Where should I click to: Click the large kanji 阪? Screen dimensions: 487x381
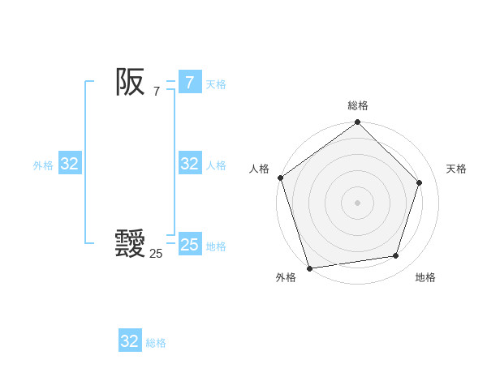point(130,82)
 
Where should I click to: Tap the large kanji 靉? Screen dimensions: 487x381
point(130,244)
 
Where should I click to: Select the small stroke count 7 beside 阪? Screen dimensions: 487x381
point(156,92)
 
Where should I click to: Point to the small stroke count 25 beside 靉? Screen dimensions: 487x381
point(156,254)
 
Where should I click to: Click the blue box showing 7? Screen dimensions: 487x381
point(189,83)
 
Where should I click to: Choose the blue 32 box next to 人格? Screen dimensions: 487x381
point(189,164)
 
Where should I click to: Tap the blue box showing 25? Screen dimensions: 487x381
point(189,245)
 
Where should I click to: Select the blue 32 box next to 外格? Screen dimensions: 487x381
point(69,164)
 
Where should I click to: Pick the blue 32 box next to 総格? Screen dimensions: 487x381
point(129,341)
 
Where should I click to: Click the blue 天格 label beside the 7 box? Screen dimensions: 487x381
point(216,84)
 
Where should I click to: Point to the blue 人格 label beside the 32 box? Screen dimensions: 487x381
point(216,165)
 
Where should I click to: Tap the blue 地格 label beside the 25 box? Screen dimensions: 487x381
point(216,246)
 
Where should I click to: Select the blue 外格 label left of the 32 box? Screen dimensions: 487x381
point(43,165)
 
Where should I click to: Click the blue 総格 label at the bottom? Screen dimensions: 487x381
point(156,343)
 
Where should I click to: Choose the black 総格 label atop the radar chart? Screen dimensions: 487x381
point(358,105)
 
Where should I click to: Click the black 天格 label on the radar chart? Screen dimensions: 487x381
point(456,169)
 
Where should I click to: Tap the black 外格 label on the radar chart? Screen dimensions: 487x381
point(285,277)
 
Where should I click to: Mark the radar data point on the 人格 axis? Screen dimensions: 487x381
point(281,178)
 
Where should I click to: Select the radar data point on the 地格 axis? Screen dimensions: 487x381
point(396,256)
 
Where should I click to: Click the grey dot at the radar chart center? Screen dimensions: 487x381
point(357,202)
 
